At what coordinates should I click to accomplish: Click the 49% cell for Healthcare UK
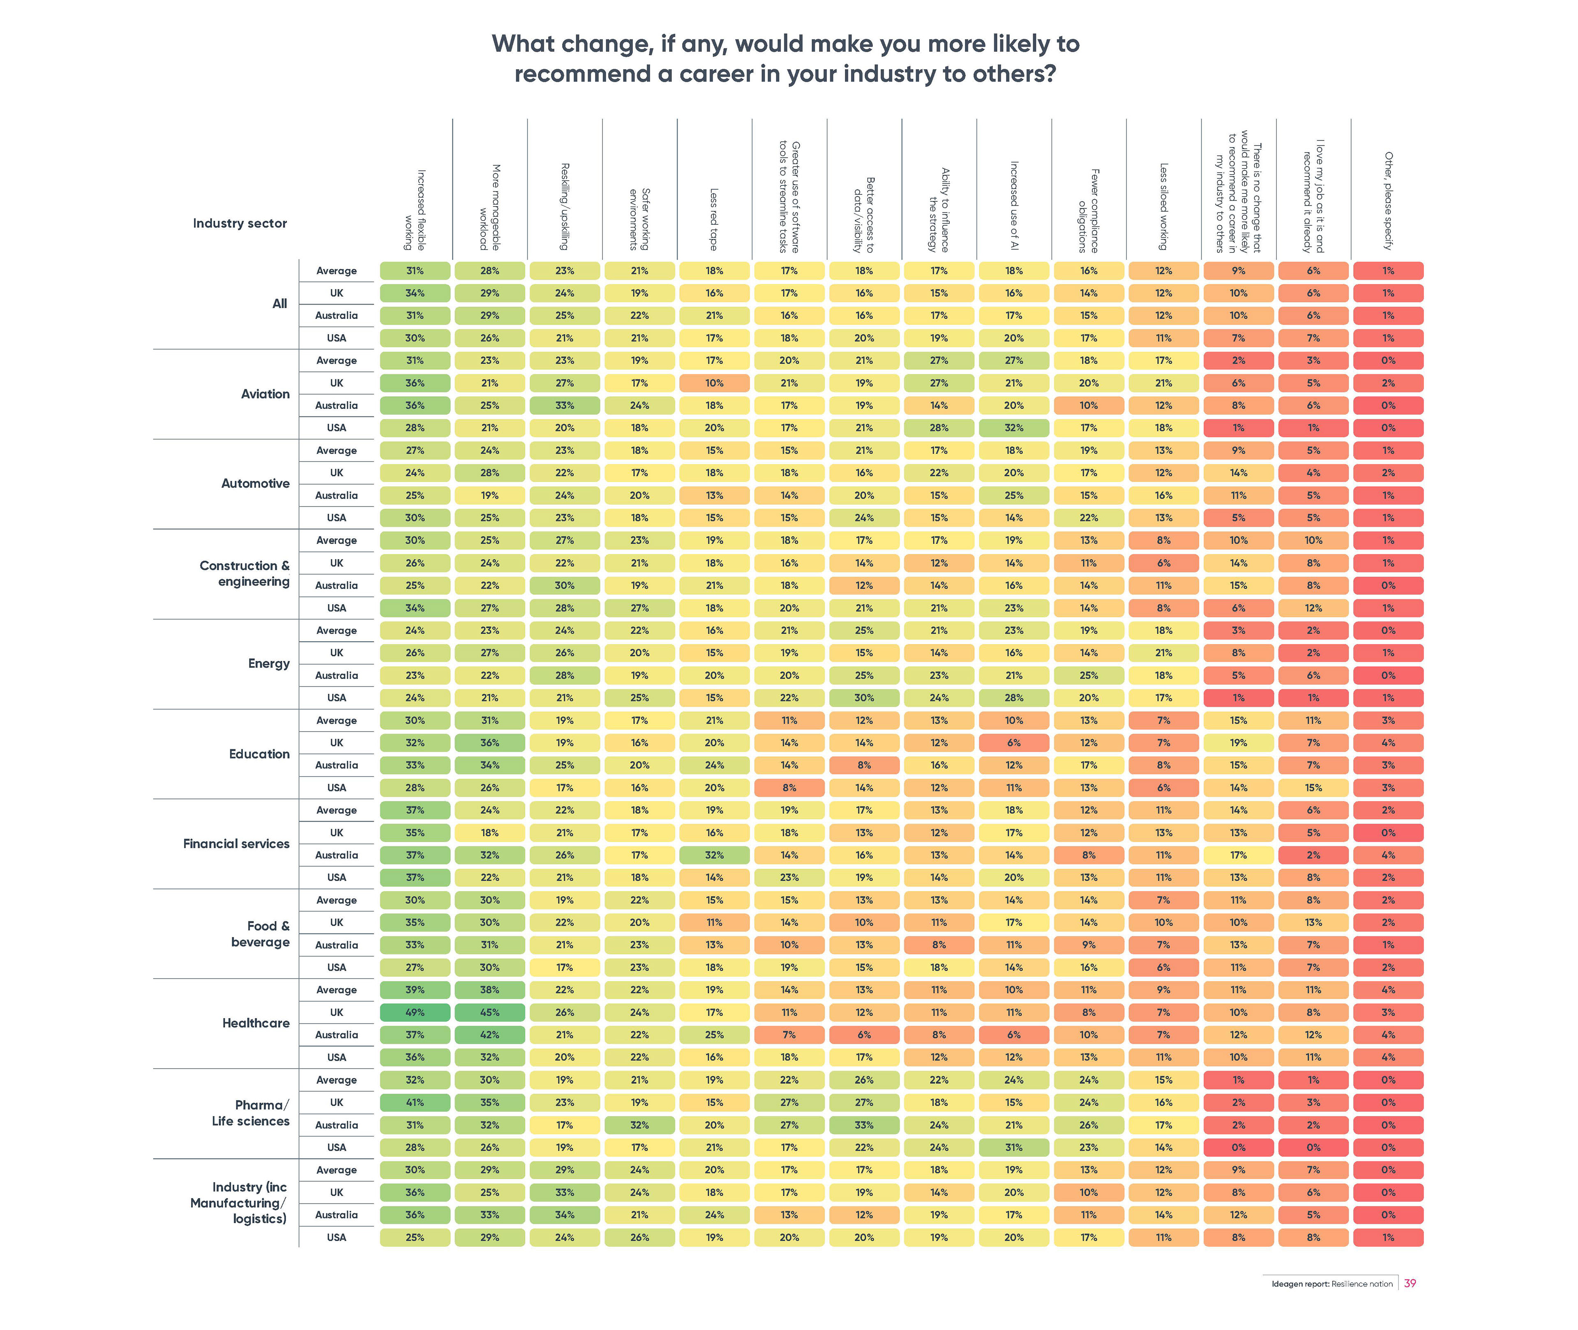pos(415,1012)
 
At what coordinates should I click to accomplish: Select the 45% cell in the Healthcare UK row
pos(489,1012)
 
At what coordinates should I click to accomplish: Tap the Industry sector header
pos(240,223)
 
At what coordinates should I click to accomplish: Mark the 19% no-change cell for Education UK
pos(1238,743)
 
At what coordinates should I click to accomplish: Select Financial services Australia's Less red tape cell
pos(714,855)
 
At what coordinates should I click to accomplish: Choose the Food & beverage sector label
pos(260,933)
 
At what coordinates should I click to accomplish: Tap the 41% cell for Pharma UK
pos(415,1102)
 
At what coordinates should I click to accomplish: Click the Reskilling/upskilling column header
pos(564,207)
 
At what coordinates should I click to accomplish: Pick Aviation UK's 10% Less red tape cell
pos(714,383)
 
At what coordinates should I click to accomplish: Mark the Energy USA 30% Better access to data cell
pos(864,697)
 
